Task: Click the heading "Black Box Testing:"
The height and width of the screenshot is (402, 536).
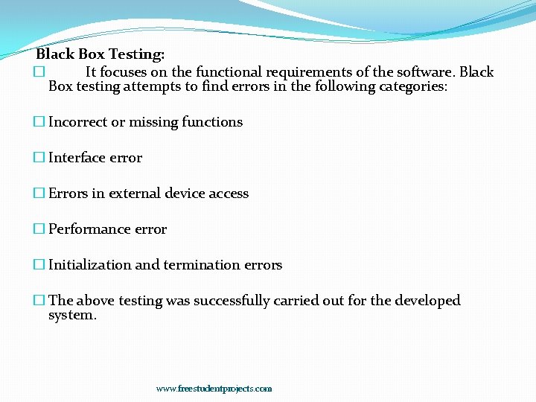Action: [x=100, y=54]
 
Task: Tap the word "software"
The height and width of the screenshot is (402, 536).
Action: [x=424, y=72]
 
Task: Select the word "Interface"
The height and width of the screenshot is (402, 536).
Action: [x=77, y=158]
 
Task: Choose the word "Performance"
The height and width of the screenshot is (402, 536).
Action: [x=84, y=229]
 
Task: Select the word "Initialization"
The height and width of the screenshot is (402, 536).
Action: [x=90, y=265]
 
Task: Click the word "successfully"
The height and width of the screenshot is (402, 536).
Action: [x=232, y=301]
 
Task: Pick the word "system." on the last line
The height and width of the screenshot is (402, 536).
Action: [x=72, y=315]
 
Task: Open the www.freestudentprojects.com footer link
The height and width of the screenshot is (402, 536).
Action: [x=214, y=389]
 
